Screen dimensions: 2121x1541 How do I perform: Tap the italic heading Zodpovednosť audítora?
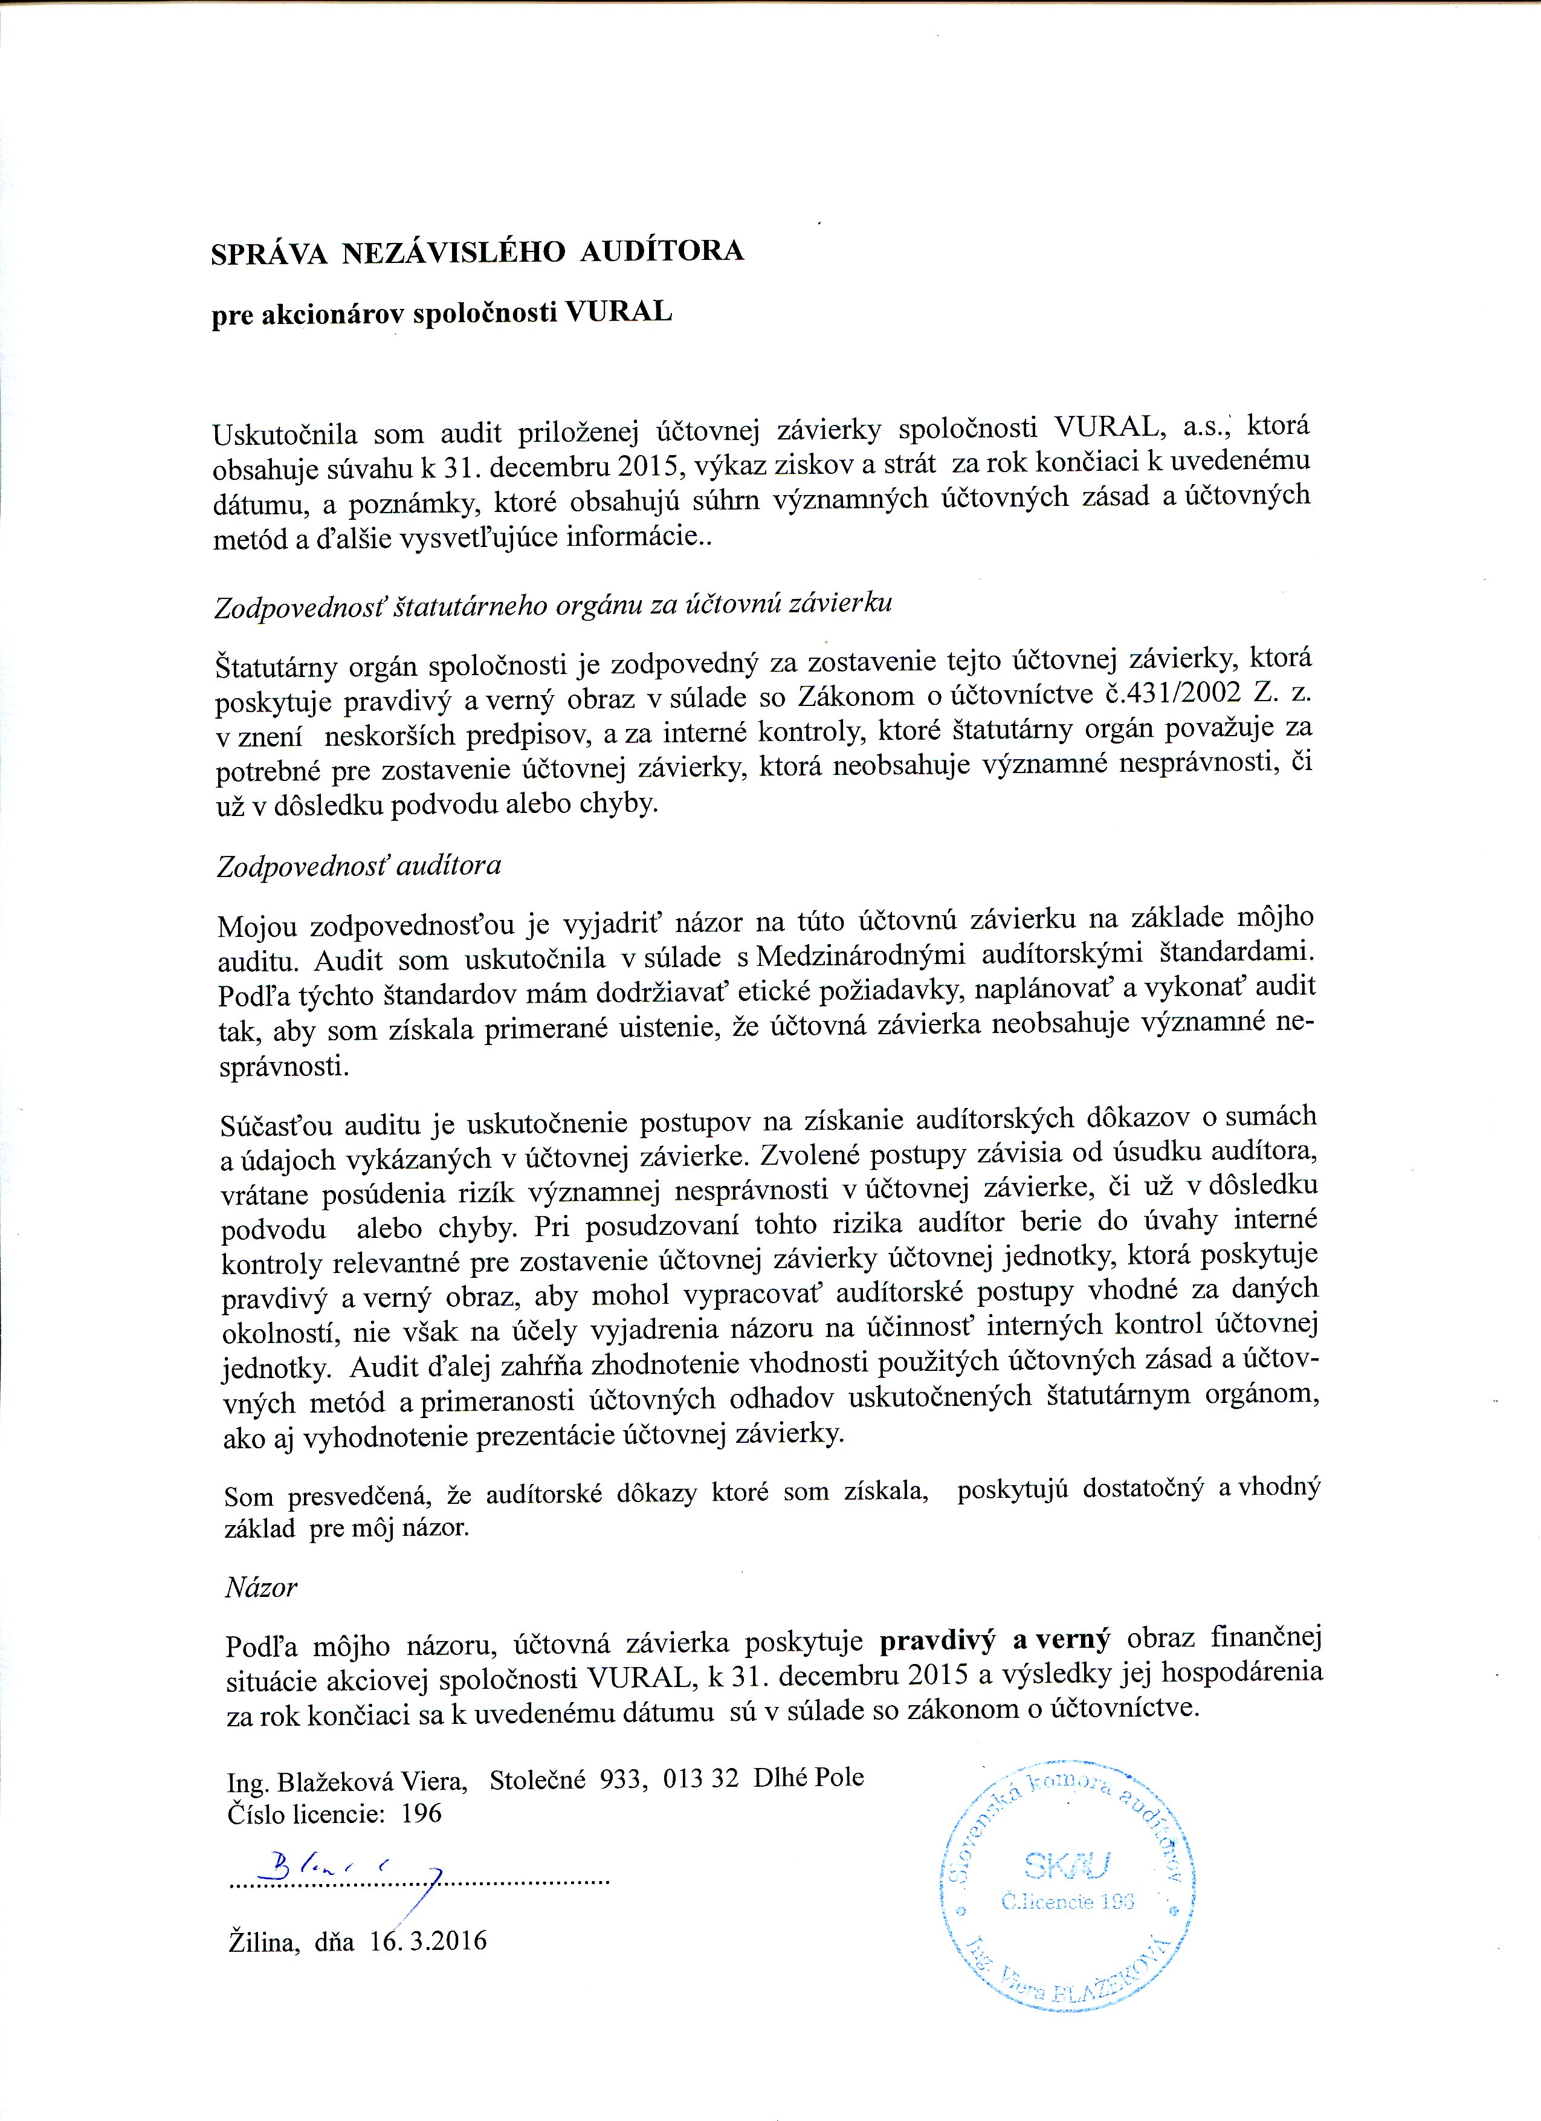[359, 866]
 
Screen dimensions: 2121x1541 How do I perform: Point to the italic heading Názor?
[261, 1587]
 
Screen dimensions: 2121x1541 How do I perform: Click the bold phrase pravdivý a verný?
[995, 1639]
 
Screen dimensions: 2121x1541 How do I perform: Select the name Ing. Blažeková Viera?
[348, 1778]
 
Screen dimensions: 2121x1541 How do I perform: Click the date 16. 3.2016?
[428, 1941]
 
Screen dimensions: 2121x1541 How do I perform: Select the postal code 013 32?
[700, 1778]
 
